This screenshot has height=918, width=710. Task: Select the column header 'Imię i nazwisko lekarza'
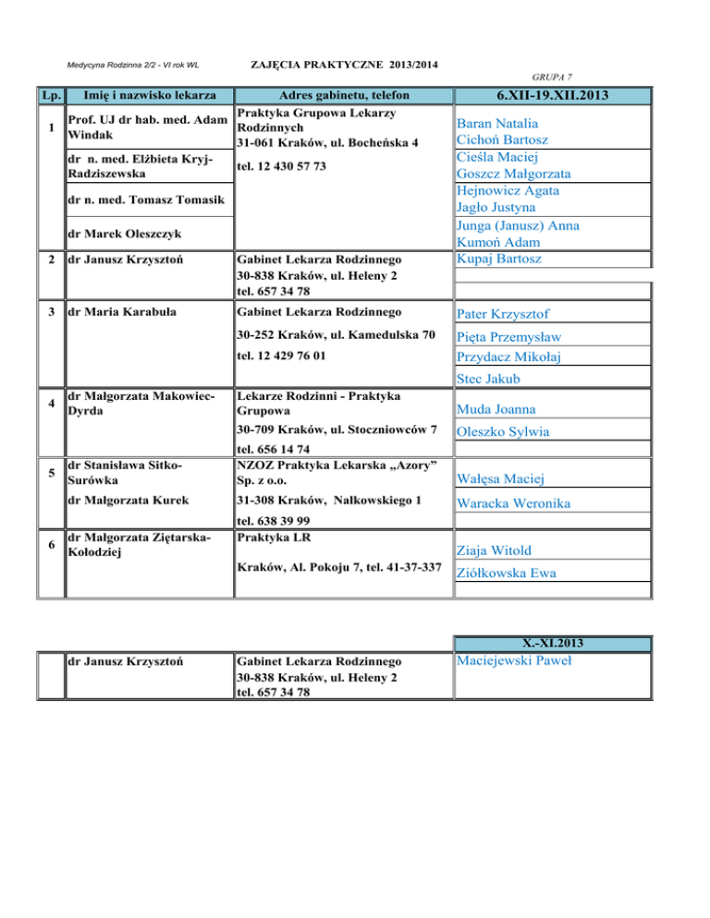coord(150,95)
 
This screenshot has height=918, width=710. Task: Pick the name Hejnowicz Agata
coord(508,190)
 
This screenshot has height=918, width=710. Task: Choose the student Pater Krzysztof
coord(505,314)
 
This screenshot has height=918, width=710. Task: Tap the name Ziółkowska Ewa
coord(508,574)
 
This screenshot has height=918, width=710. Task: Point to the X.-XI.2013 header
coord(553,643)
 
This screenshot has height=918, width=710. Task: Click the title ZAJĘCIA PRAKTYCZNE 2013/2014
coord(345,64)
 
